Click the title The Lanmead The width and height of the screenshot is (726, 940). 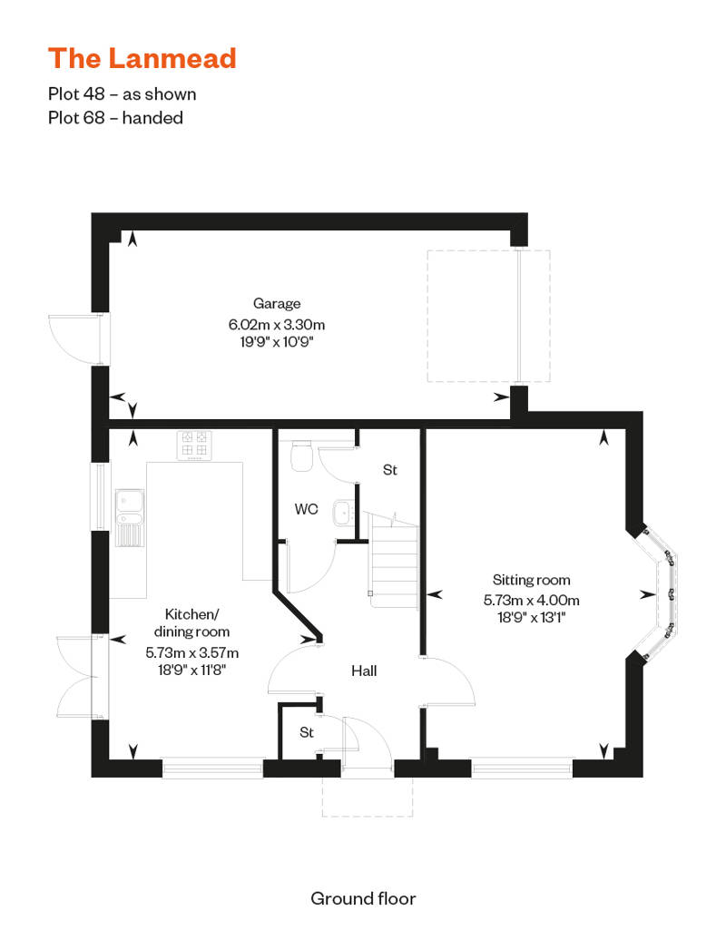(142, 58)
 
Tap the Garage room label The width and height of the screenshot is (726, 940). (277, 304)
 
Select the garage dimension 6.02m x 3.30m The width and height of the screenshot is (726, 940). (277, 325)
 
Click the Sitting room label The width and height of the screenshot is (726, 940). (531, 580)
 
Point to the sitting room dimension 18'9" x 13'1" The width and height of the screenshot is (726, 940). (531, 618)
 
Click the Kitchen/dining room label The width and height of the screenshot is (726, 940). (191, 622)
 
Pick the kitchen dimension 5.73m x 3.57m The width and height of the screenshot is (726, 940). (191, 652)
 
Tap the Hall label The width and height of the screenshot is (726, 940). (364, 671)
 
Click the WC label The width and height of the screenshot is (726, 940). (306, 510)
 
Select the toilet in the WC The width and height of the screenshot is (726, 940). (301, 456)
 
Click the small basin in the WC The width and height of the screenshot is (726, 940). (344, 513)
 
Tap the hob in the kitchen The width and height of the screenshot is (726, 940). (194, 445)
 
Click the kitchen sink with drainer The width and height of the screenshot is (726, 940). (130, 518)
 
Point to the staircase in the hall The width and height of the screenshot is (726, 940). (393, 560)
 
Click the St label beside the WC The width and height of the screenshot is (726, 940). (389, 470)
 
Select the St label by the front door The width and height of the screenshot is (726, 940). (307, 732)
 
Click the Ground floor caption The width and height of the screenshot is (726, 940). (363, 898)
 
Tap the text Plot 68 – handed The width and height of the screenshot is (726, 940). (115, 118)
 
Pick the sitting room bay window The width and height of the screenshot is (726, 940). (657, 594)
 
